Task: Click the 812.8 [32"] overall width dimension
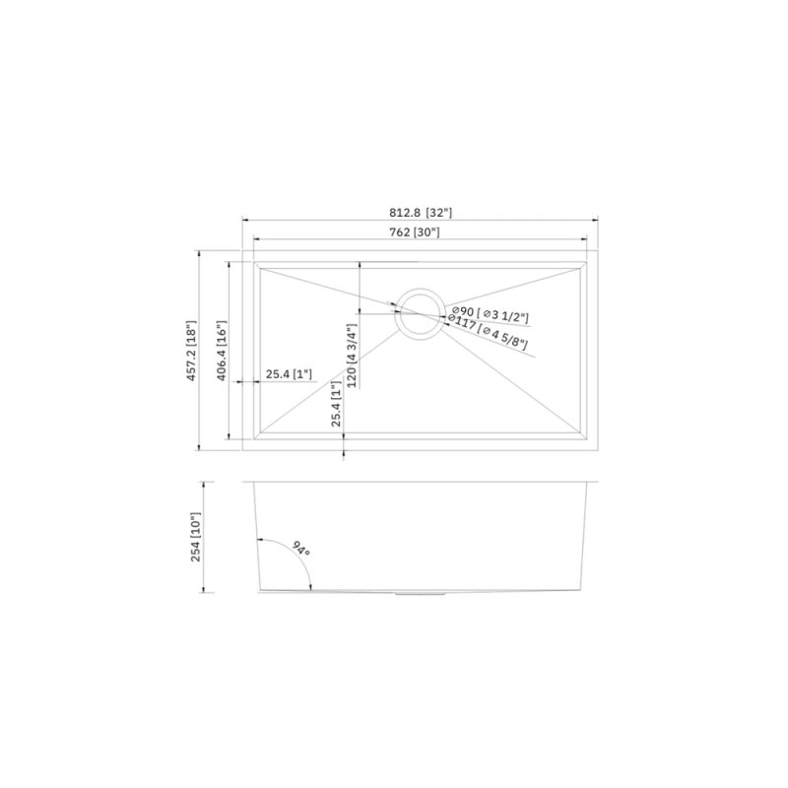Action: [x=421, y=212]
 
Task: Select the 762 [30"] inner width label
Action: [x=415, y=232]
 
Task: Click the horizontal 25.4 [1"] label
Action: [x=289, y=374]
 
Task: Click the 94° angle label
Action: [x=299, y=548]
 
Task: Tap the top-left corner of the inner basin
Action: [x=255, y=261]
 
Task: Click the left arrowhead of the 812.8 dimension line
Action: [x=246, y=221]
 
